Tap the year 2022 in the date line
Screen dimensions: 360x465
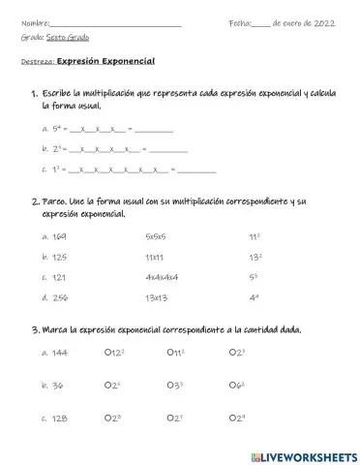(x=323, y=21)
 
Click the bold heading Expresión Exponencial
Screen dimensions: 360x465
(x=105, y=61)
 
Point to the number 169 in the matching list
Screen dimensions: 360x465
(x=60, y=235)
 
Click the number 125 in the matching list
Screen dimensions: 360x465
(x=60, y=257)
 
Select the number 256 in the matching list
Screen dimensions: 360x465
(x=60, y=297)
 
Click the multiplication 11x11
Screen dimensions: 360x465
(x=154, y=257)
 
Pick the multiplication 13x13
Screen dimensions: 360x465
(x=155, y=297)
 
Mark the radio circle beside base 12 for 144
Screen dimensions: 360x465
(x=107, y=352)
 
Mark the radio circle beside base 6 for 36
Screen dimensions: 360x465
(x=233, y=385)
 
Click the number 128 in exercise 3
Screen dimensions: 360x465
(x=60, y=418)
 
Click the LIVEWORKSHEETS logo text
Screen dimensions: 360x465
(x=306, y=454)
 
